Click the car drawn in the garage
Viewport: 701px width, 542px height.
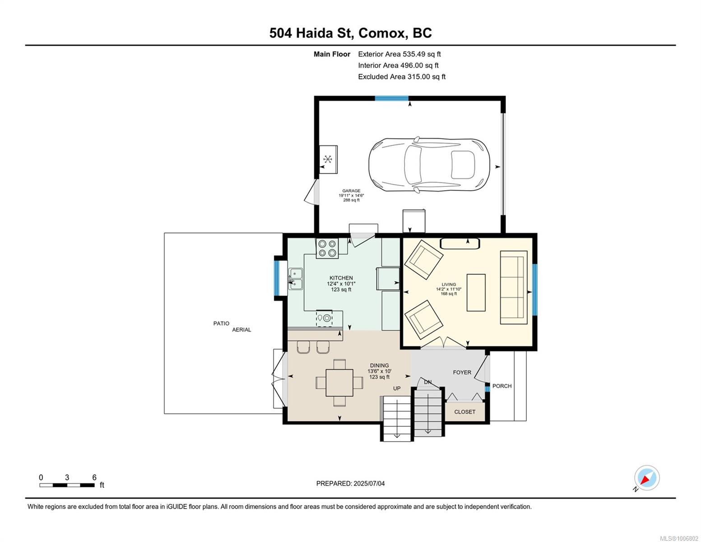[x=429, y=165]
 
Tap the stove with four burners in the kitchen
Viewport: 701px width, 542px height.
[x=327, y=248]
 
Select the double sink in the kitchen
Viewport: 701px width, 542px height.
[x=296, y=279]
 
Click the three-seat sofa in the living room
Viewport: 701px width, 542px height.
[x=514, y=287]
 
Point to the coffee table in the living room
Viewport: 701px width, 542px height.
[x=476, y=293]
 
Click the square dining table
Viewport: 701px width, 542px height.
[x=339, y=383]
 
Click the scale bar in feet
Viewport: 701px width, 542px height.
[x=67, y=485]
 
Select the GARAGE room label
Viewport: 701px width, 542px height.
[x=351, y=191]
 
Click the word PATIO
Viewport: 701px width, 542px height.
[x=221, y=323]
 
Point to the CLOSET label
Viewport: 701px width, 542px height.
[x=464, y=412]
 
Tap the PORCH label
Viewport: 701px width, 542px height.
[x=502, y=386]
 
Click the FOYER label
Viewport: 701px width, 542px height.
[x=462, y=373]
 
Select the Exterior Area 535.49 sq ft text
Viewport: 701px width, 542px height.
[x=399, y=54]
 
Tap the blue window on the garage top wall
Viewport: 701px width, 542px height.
[x=392, y=98]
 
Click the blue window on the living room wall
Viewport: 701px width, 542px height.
[x=534, y=290]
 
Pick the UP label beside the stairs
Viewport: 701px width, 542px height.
[x=397, y=388]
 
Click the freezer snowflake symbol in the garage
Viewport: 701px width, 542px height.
[x=328, y=159]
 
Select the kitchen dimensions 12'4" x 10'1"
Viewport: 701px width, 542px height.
[x=341, y=284]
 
